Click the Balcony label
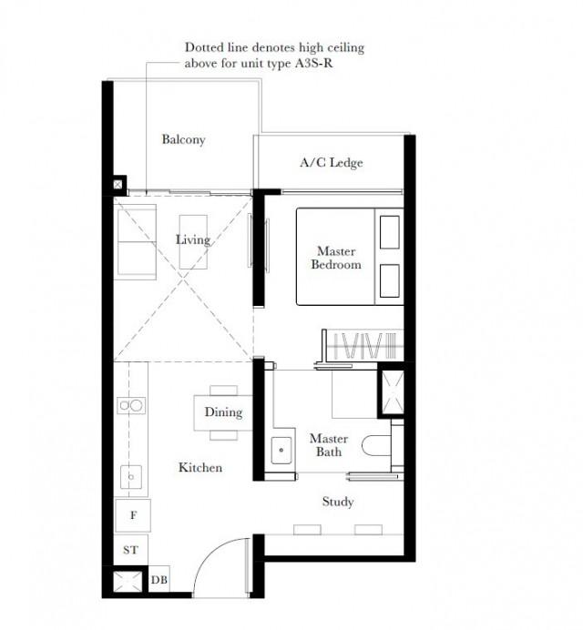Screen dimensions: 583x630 (x=183, y=139)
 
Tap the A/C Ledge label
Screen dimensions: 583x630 (x=332, y=162)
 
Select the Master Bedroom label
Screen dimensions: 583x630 (x=336, y=258)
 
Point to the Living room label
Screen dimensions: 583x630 (x=193, y=239)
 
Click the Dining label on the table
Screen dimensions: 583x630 (x=223, y=412)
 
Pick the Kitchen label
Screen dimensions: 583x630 (x=200, y=467)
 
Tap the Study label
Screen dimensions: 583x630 (x=338, y=502)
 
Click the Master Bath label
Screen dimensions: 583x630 (x=329, y=445)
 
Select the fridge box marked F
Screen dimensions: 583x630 (x=133, y=515)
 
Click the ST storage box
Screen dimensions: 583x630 (x=130, y=550)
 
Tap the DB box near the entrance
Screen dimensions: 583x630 (x=159, y=579)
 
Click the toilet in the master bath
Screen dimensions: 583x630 (x=376, y=446)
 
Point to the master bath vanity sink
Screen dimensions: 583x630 (x=281, y=450)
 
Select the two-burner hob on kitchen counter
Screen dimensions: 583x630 (x=131, y=405)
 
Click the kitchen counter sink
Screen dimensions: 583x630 (x=131, y=477)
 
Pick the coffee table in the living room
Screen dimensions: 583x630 (x=193, y=242)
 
